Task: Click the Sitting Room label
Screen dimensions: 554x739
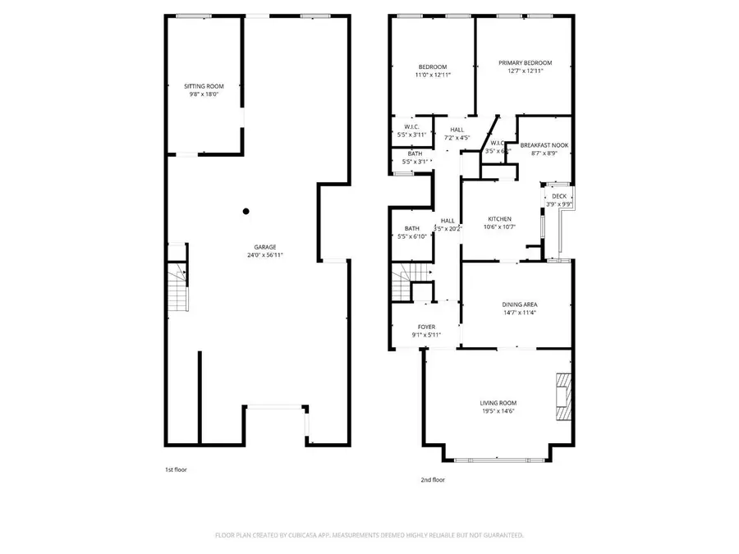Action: click(204, 86)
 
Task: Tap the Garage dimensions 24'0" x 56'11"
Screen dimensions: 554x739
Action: click(264, 255)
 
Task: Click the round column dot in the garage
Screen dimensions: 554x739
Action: click(246, 211)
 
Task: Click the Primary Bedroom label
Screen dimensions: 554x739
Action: click(526, 63)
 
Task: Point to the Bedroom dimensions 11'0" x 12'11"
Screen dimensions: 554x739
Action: click(433, 75)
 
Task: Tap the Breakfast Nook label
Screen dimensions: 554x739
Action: click(544, 144)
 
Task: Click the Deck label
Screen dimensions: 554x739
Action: click(559, 196)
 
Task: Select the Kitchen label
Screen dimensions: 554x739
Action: click(500, 219)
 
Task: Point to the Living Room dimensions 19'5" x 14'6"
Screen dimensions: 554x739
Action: click(498, 411)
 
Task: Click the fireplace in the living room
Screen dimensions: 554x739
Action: click(562, 397)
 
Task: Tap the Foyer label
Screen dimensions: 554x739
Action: click(427, 327)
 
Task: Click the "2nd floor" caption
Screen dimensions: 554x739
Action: click(433, 479)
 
